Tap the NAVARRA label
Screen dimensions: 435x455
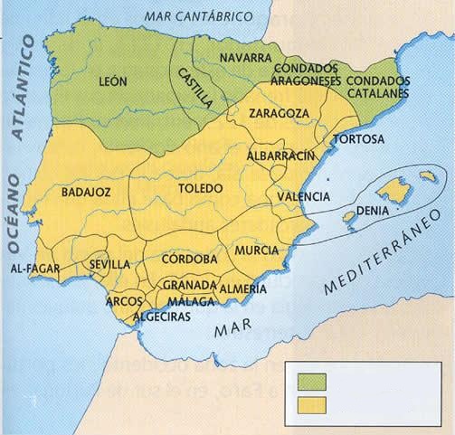tap(247, 57)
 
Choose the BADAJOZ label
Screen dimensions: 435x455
tap(87, 193)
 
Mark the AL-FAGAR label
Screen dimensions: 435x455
tap(33, 269)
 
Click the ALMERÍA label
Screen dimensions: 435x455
tap(242, 288)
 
